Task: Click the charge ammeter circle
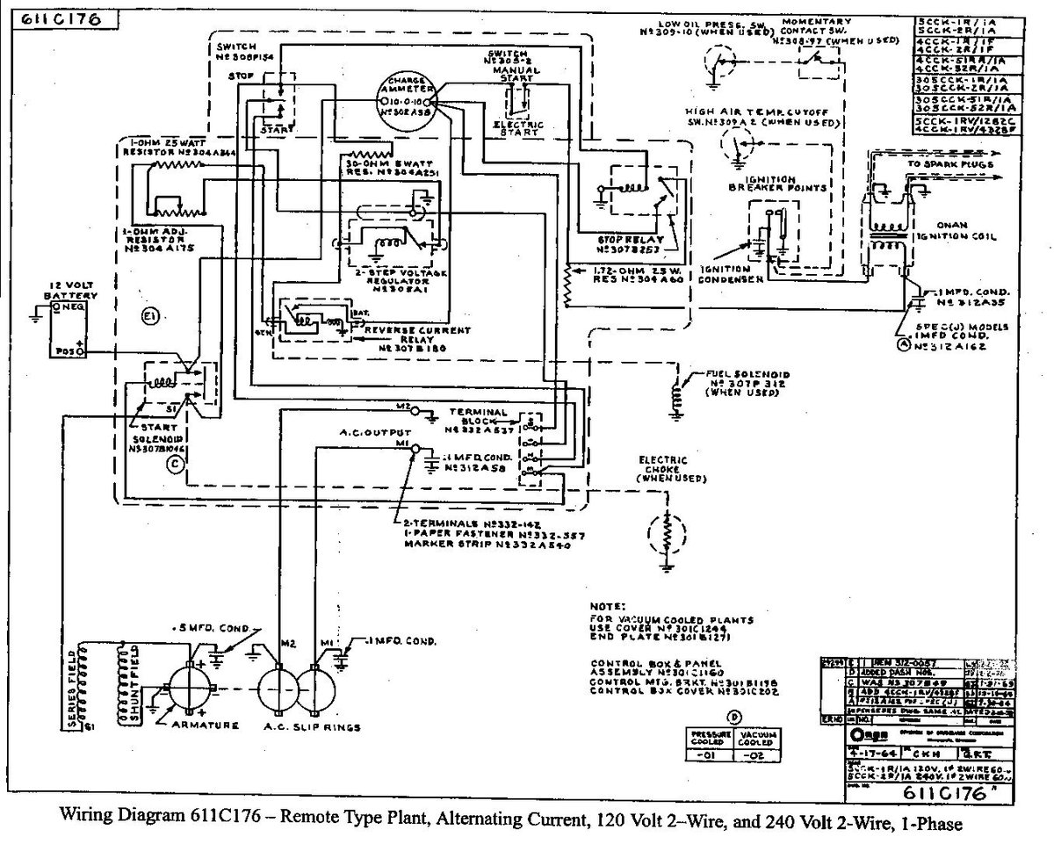407,102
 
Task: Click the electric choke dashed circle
669,534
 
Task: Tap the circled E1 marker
149,318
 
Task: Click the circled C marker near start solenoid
175,465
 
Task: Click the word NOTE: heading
610,606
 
